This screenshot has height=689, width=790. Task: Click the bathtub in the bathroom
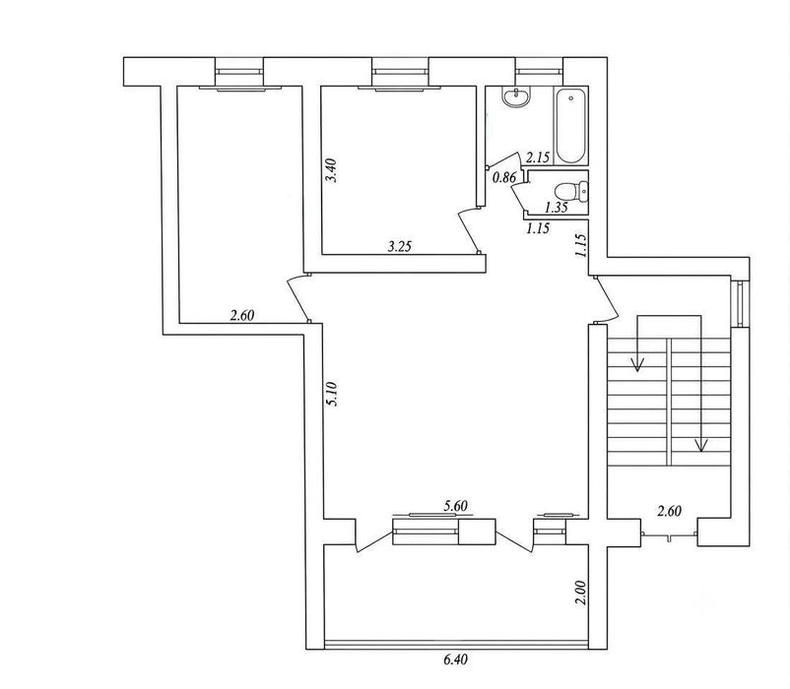click(x=570, y=126)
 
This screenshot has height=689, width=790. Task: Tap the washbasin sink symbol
click(x=516, y=96)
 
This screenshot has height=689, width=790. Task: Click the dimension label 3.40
click(x=331, y=170)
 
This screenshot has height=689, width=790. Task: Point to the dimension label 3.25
click(x=400, y=246)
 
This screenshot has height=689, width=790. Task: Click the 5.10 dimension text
click(x=331, y=394)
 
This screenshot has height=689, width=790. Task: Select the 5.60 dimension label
click(x=455, y=506)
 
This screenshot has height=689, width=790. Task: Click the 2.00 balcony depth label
click(x=580, y=593)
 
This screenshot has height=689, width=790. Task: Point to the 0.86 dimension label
click(x=504, y=177)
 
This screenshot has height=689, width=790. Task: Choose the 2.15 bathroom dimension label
click(x=538, y=157)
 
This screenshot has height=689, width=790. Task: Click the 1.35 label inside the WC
click(x=557, y=207)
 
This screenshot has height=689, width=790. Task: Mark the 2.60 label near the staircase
click(x=669, y=512)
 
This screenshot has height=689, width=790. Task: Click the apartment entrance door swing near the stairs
click(x=606, y=300)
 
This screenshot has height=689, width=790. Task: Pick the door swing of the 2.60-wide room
click(x=298, y=297)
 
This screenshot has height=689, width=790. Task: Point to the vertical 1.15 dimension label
click(x=580, y=246)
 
